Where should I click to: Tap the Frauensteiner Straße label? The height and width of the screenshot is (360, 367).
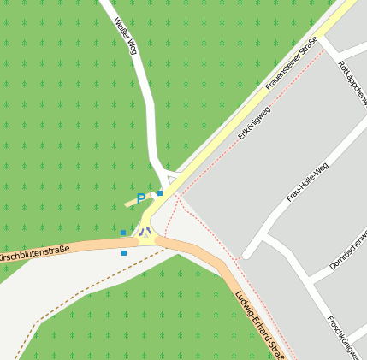tap(291, 63)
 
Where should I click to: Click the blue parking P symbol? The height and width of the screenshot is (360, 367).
tap(141, 199)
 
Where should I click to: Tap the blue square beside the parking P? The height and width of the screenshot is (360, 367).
tap(159, 193)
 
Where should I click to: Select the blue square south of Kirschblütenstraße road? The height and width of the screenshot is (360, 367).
tap(124, 253)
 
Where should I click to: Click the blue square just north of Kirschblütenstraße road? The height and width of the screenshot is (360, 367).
tap(123, 233)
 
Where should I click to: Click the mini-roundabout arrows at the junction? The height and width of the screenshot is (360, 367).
tap(146, 232)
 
